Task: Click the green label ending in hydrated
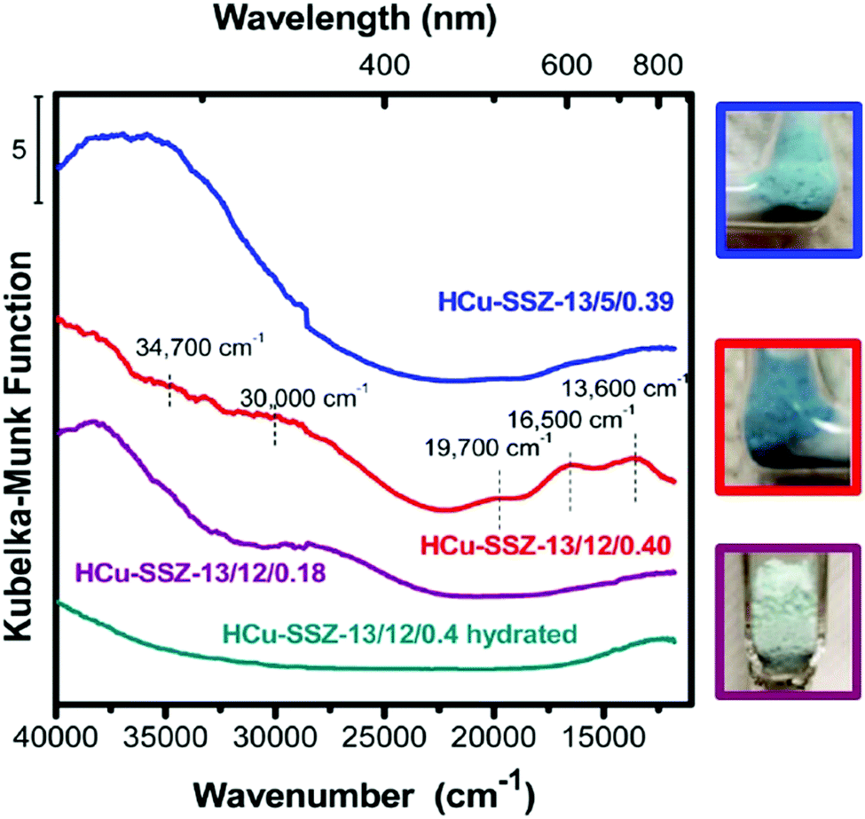(x=399, y=634)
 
